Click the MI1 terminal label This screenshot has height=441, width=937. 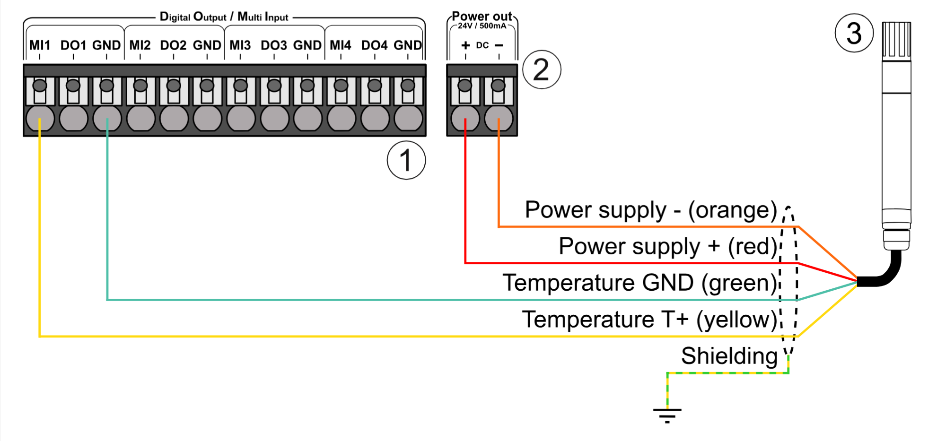[40, 45]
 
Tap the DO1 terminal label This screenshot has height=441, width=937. [73, 45]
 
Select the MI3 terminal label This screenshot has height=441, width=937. [240, 45]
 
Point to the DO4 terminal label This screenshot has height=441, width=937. [375, 45]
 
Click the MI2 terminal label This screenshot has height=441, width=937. [140, 45]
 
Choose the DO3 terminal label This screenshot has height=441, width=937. [274, 45]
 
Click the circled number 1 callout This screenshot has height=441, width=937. [406, 160]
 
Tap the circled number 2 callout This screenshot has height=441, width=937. [542, 69]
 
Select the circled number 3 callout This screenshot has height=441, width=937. [854, 33]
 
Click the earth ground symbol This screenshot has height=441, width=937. [667, 415]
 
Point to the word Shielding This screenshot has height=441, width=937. [729, 356]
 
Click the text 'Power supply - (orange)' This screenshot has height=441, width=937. [651, 210]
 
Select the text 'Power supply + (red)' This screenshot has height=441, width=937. [668, 246]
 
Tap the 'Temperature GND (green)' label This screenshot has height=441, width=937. [639, 283]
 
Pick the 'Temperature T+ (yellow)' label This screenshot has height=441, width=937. [649, 319]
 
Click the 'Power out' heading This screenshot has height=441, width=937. [482, 16]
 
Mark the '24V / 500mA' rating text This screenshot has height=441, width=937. [482, 26]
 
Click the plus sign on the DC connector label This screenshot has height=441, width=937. [465, 45]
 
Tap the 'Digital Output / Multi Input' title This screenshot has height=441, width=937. [224, 17]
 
